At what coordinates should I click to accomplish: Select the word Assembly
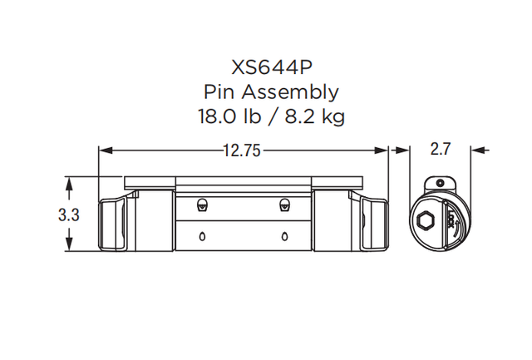289,91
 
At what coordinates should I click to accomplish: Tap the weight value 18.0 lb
228,116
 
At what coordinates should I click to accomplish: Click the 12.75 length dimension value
243,150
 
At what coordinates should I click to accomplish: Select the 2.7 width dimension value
441,150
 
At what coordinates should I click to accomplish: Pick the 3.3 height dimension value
68,215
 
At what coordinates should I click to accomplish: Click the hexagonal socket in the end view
426,221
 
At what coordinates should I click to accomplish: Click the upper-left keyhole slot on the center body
202,205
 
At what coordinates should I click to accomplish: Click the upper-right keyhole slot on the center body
285,205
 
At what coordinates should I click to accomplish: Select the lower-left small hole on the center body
202,237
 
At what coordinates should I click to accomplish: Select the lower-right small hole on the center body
285,237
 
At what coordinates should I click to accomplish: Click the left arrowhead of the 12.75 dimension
104,150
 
